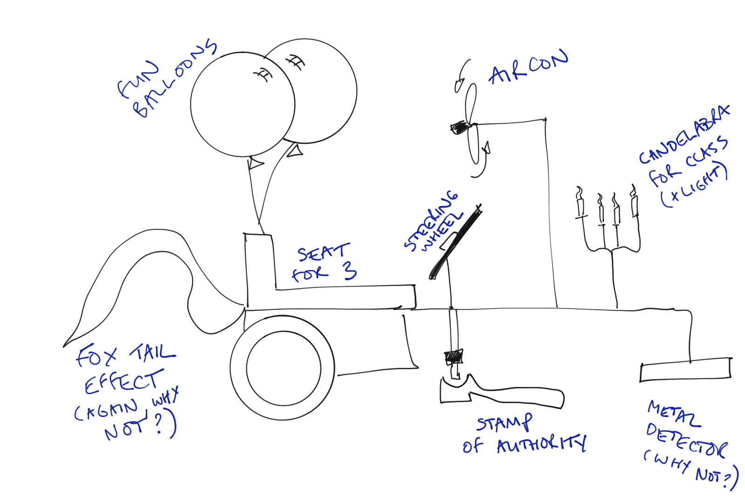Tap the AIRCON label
click(528, 68)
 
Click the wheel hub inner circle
click(283, 368)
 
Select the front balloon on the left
click(242, 105)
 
